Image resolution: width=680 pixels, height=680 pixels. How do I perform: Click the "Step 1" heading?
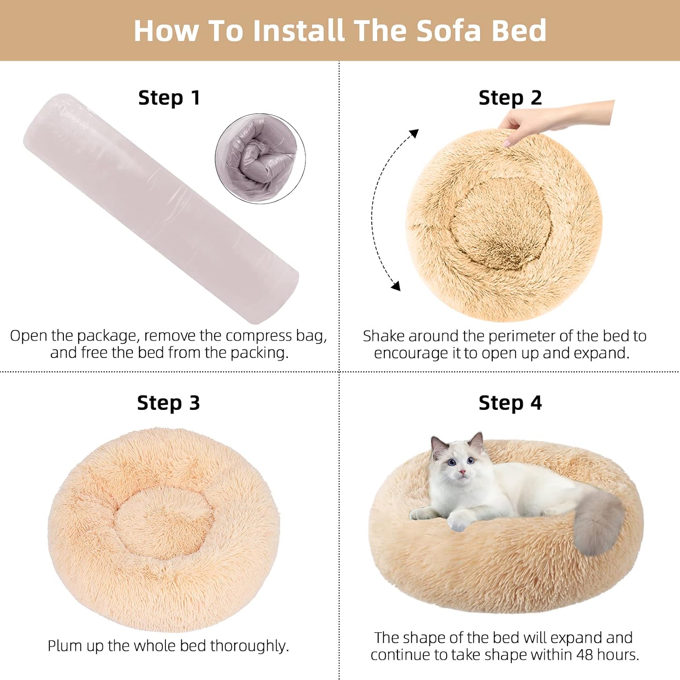[x=169, y=98]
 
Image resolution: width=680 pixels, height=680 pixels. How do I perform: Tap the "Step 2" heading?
[x=510, y=98]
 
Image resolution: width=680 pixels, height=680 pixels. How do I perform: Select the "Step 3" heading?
[x=169, y=403]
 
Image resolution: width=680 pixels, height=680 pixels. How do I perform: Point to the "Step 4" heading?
[x=510, y=403]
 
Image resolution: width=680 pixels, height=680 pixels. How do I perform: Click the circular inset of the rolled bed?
[x=260, y=159]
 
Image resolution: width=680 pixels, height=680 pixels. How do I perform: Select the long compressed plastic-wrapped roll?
[x=161, y=209]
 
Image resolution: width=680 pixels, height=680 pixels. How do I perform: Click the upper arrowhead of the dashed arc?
[x=414, y=133]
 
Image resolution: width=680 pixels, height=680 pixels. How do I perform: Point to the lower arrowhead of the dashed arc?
[x=396, y=286]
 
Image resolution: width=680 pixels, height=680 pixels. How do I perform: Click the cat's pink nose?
[x=461, y=472]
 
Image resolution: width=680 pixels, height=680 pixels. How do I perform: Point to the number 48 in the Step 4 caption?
[x=584, y=655]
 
